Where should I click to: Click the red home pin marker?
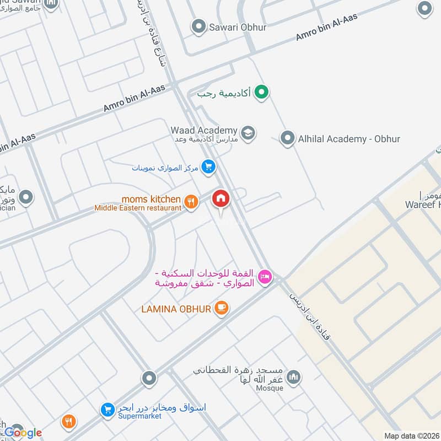pyautogui.click(x=221, y=199)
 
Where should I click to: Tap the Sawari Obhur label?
pyautogui.click(x=238, y=26)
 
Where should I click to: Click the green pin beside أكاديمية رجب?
pyautogui.click(x=262, y=93)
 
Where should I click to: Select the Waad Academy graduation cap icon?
pyautogui.click(x=248, y=132)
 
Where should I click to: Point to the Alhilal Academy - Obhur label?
pyautogui.click(x=348, y=139)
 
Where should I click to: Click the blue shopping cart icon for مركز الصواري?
pyautogui.click(x=208, y=166)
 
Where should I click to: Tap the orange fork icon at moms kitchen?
pyautogui.click(x=191, y=202)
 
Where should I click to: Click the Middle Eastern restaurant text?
pyautogui.click(x=138, y=208)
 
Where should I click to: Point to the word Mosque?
pyautogui.click(x=269, y=388)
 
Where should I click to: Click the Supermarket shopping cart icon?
pyautogui.click(x=107, y=409)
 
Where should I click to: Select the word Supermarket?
pyautogui.click(x=139, y=416)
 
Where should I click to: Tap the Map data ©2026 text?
pyautogui.click(x=411, y=435)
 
